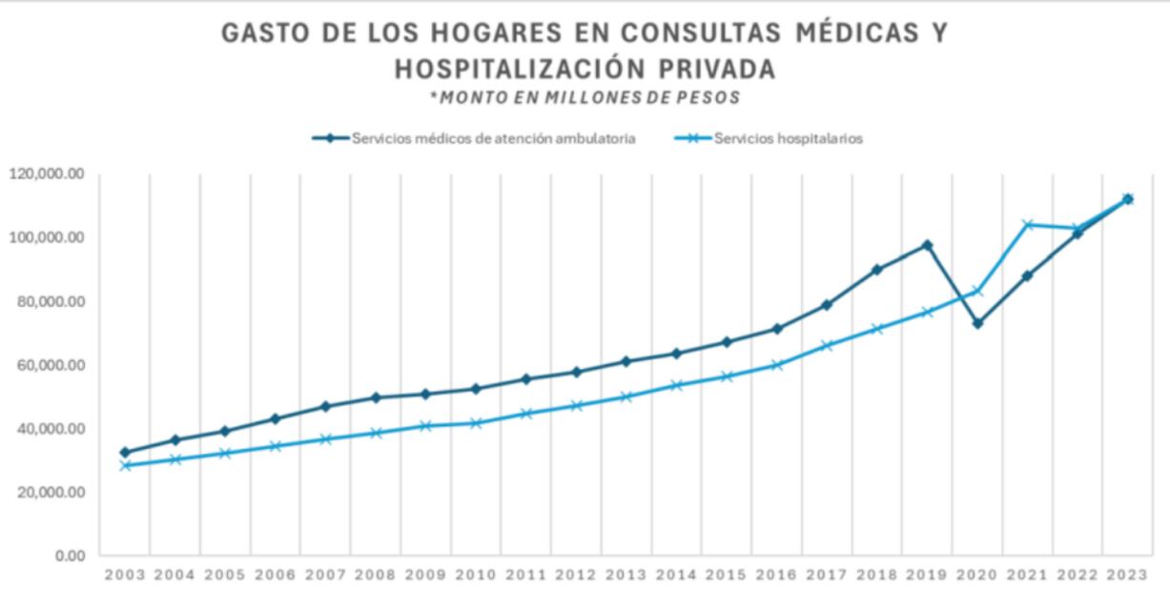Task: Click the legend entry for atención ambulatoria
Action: coord(493,138)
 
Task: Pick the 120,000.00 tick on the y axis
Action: coord(47,174)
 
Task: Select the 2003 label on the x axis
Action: coord(125,575)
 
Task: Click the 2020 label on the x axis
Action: coord(976,575)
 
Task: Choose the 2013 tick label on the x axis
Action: coord(626,575)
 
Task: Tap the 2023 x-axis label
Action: coord(1126,575)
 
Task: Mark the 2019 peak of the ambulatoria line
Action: coord(927,245)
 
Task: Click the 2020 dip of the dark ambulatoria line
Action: coord(977,323)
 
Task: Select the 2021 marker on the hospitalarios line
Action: coord(1028,225)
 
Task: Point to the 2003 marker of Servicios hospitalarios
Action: coord(125,465)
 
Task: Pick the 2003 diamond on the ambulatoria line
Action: coord(125,452)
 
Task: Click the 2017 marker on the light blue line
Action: coord(827,345)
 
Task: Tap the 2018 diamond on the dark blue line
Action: coord(877,270)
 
